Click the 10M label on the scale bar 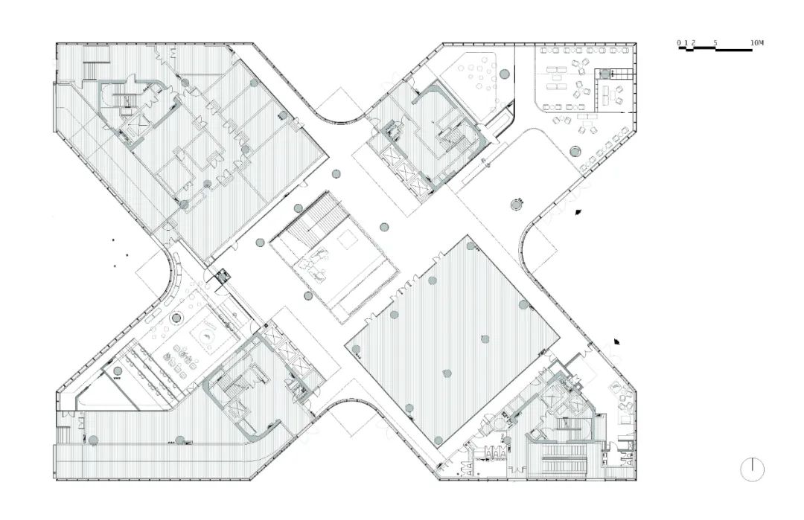coord(757,42)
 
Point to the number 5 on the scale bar coord(715,42)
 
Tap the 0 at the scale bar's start coord(679,42)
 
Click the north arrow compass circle coord(752,470)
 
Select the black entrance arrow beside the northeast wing coord(578,211)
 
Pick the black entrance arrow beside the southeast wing coord(619,341)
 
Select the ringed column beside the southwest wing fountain coord(176,318)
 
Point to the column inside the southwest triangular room coord(118,371)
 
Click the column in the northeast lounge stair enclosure coord(605,73)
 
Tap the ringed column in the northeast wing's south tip coord(517,205)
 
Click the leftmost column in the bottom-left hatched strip coord(93,440)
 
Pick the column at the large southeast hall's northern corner coord(470,246)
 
